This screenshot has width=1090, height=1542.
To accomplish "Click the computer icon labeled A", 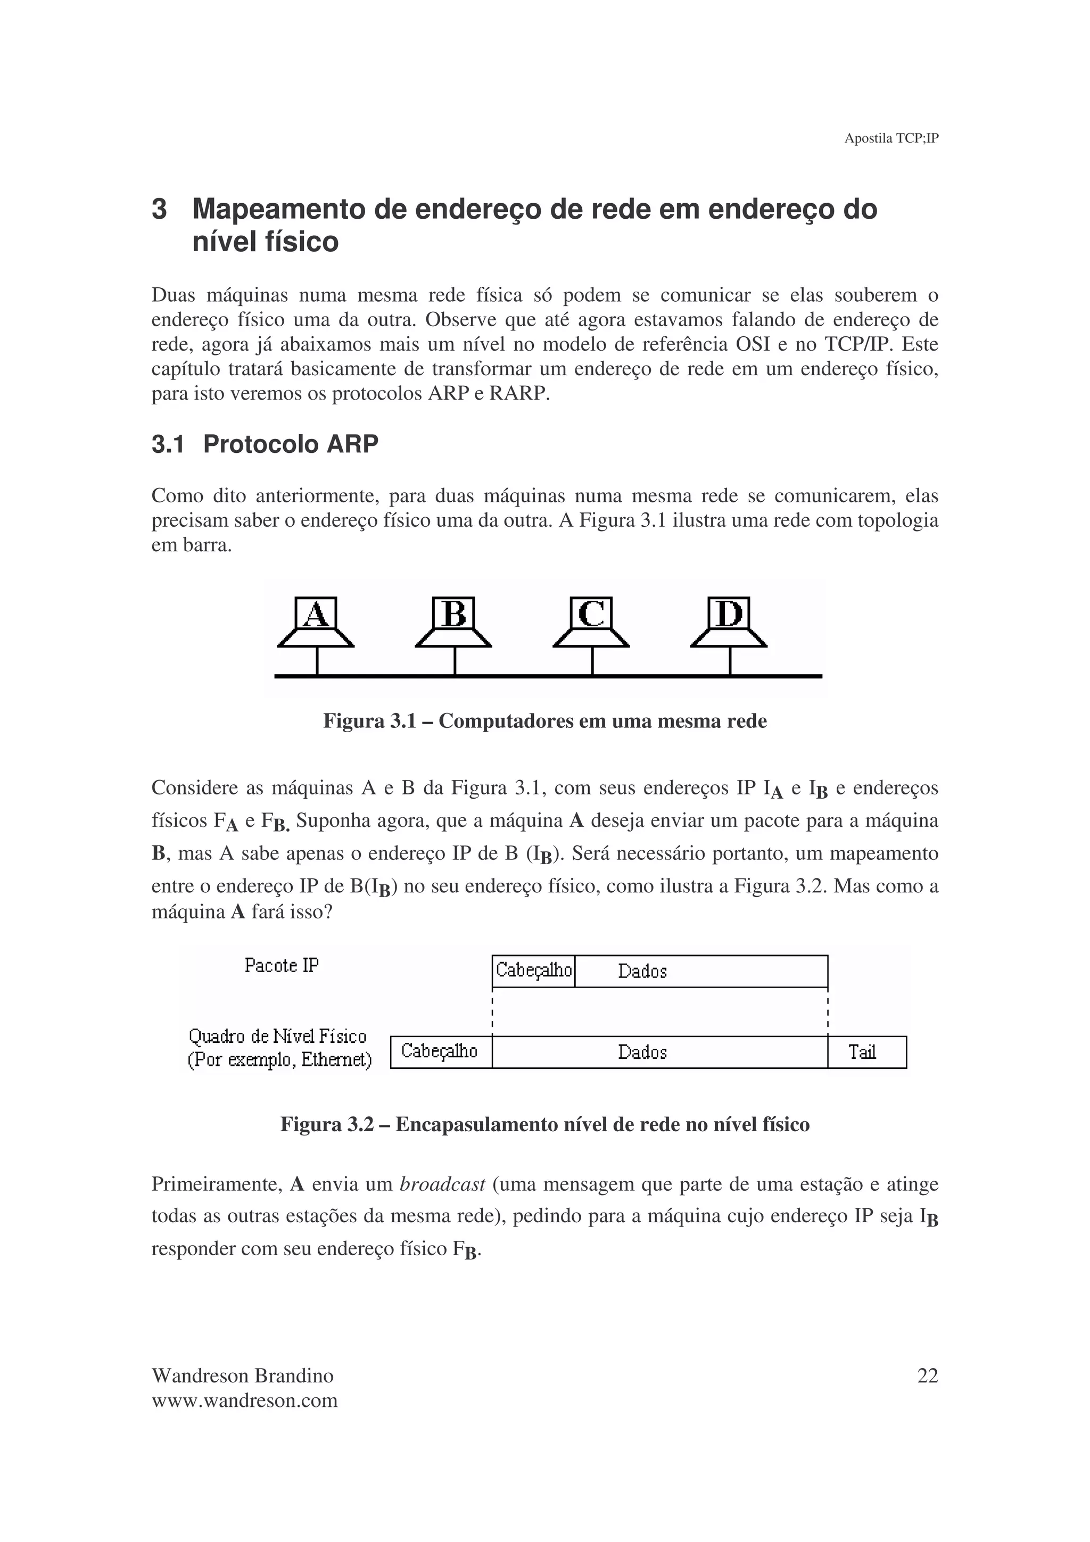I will [x=316, y=623].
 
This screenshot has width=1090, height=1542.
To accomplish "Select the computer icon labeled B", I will [x=453, y=623].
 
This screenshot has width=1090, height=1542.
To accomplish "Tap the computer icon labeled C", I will [x=591, y=623].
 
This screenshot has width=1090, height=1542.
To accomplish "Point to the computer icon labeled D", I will [x=729, y=623].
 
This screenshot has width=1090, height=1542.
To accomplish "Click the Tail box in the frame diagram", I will [x=866, y=1052].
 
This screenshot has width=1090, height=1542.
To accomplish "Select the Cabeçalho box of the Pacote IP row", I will [x=533, y=971].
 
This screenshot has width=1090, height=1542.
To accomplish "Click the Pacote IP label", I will [x=282, y=966].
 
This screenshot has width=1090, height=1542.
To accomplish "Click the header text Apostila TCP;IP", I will [x=890, y=138].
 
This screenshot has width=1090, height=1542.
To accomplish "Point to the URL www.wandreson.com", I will [x=244, y=1401].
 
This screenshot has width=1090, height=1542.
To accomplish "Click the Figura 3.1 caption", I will [x=544, y=722].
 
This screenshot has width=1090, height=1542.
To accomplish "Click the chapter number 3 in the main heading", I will [x=159, y=210].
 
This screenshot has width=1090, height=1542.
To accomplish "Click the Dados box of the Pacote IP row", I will [x=700, y=971].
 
